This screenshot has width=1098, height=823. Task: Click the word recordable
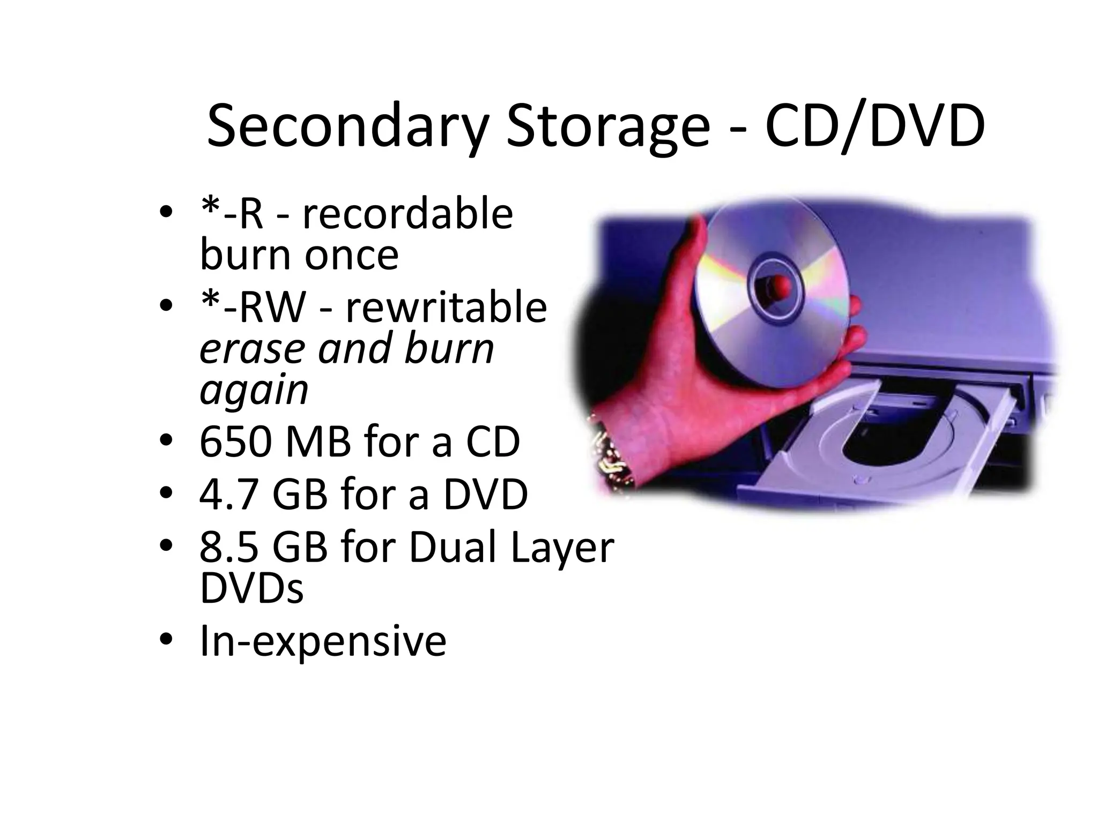pyautogui.click(x=407, y=214)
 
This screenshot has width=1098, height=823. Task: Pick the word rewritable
pyautogui.click(x=446, y=308)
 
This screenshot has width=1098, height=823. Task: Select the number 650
pyautogui.click(x=234, y=442)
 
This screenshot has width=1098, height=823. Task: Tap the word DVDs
pyautogui.click(x=251, y=588)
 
